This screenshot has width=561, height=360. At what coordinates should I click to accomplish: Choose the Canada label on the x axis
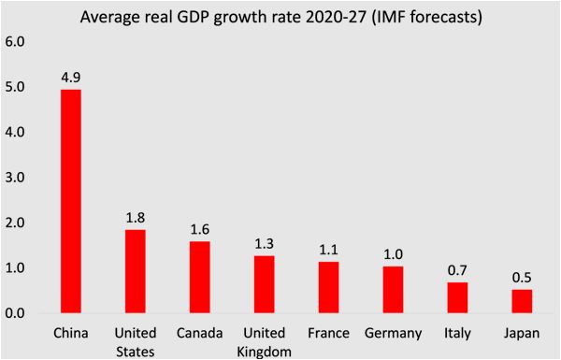[x=198, y=334]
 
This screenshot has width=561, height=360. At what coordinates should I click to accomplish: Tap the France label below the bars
[x=327, y=334]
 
